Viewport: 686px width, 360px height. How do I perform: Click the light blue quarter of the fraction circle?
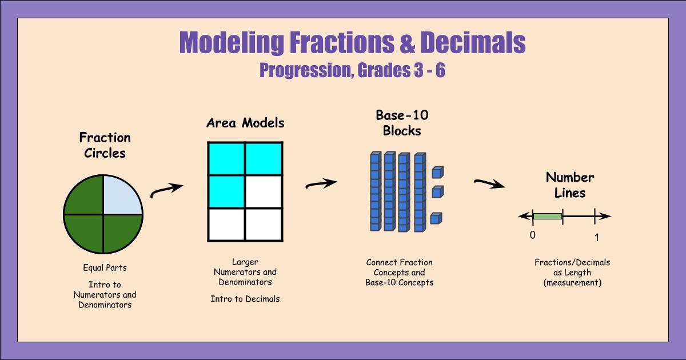(121, 195)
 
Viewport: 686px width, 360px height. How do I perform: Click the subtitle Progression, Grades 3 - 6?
(352, 70)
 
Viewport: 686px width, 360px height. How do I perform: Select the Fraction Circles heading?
(105, 145)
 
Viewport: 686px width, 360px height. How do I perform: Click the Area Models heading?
(245, 123)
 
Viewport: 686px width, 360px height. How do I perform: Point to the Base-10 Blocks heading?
(402, 123)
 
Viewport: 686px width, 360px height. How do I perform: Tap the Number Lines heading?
(569, 185)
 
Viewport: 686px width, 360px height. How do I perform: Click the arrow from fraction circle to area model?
(166, 191)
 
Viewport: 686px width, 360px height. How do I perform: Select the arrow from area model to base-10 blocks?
(321, 184)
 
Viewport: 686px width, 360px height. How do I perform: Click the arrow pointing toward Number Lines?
(489, 183)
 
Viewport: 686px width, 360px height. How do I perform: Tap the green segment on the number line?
(548, 217)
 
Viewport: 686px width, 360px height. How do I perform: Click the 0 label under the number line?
(532, 235)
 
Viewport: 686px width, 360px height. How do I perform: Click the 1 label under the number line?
(596, 237)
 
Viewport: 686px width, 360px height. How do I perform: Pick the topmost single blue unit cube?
(438, 171)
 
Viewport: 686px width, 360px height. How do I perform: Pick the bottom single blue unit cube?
(437, 218)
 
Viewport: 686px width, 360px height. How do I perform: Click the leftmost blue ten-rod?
(375, 191)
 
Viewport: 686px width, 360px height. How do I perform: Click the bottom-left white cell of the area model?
(226, 224)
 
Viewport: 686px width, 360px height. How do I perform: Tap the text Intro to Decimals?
(245, 299)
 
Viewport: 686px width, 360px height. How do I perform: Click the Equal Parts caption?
(105, 267)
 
